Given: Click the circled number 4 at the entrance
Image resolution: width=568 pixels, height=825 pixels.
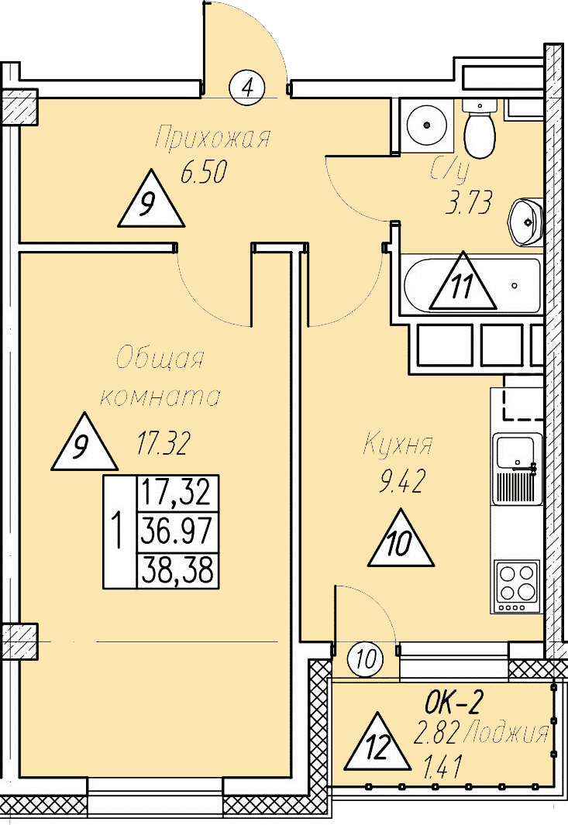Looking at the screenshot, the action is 247,87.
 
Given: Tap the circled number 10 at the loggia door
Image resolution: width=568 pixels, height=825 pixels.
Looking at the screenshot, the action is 365,659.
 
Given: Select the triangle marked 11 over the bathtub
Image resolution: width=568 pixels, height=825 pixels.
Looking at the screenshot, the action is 463,280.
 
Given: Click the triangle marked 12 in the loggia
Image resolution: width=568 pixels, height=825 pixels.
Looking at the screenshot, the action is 377,742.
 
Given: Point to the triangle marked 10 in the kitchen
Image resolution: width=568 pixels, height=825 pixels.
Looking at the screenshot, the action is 401,538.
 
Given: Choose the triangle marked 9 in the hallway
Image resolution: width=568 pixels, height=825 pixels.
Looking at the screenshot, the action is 151,199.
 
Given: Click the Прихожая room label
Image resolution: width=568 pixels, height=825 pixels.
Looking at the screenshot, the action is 212,138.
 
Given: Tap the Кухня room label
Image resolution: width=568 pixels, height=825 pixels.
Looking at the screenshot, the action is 398,445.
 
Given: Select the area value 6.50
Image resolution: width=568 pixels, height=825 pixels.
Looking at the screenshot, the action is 204,172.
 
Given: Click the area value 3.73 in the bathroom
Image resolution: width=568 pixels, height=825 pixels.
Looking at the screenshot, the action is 469,202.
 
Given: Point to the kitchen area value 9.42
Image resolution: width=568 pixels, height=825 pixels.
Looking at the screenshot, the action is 402,481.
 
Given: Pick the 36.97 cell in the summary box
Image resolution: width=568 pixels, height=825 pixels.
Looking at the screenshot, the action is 177,531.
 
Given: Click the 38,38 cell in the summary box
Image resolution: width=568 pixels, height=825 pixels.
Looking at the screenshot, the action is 177,570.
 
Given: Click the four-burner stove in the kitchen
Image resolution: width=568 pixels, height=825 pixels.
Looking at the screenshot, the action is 517,586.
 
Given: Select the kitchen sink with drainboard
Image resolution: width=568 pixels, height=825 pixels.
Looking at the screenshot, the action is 517,468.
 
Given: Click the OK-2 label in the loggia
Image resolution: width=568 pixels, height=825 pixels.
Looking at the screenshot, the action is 454,703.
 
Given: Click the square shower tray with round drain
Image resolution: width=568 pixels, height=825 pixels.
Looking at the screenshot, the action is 426,125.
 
